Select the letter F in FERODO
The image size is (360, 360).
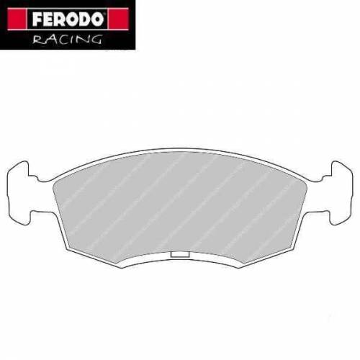(26, 16)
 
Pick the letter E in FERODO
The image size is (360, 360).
(38, 16)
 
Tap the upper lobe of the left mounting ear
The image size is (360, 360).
(23, 173)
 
